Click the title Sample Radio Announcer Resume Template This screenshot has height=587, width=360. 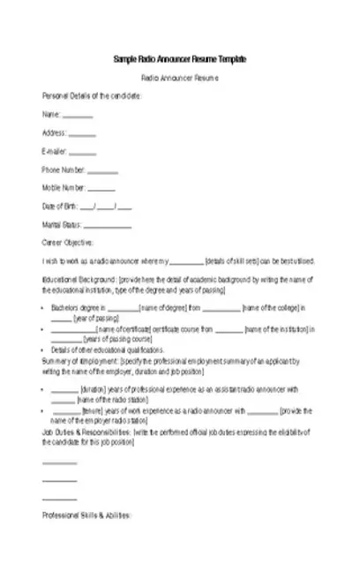[x=180, y=58]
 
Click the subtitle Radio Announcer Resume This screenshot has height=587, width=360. [x=180, y=79]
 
